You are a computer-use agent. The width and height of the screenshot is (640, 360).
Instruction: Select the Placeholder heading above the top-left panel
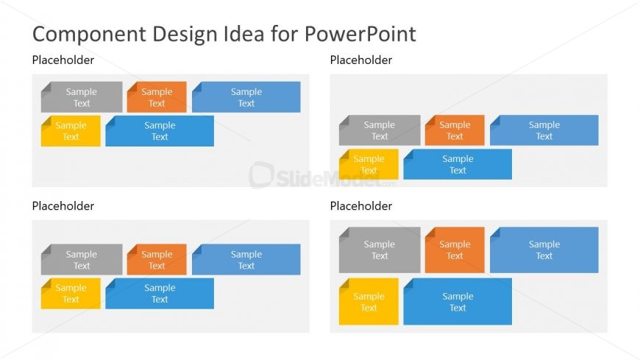(x=63, y=60)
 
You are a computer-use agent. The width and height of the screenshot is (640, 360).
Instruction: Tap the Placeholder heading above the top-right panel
(x=360, y=60)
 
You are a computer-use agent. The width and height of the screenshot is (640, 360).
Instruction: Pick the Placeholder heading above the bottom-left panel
(x=63, y=206)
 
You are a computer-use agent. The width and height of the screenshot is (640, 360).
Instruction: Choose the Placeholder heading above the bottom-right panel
(x=360, y=206)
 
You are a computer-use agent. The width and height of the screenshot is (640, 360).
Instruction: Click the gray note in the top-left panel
(x=82, y=97)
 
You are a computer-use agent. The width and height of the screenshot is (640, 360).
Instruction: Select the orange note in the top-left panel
(x=157, y=97)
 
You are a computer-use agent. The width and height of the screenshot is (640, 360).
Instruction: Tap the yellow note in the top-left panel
(x=71, y=131)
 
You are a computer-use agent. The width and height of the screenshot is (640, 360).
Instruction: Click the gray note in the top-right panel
(x=380, y=130)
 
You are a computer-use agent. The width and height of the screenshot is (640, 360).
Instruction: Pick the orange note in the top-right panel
(x=455, y=130)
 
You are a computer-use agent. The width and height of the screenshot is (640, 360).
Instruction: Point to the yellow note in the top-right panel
(x=369, y=164)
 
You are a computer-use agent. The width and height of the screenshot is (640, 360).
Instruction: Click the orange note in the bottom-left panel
(x=157, y=260)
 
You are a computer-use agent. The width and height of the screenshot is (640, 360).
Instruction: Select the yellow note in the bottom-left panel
(x=71, y=294)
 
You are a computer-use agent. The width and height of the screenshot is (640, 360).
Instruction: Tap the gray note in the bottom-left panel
(x=82, y=260)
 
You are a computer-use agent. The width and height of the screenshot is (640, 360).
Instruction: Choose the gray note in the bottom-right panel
(x=380, y=250)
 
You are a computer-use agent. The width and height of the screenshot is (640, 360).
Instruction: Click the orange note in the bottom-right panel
(x=455, y=250)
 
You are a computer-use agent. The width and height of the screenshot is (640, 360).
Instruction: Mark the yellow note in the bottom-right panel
(x=369, y=302)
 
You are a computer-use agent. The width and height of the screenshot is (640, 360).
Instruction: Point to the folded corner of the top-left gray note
(x=46, y=87)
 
